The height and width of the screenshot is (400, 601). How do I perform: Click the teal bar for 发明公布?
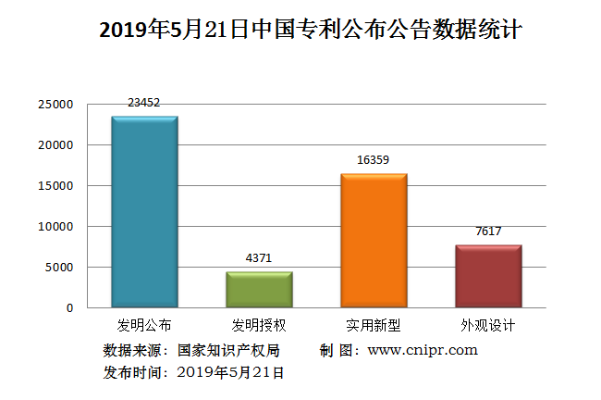pos(144,212)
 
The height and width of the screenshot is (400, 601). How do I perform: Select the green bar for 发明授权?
pos(259,289)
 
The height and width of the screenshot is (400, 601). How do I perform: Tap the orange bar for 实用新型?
pos(374,241)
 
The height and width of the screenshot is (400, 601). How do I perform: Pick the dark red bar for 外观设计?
pos(488,276)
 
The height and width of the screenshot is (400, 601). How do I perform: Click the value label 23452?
pos(144,103)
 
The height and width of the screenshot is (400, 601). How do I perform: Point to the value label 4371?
pos(259,259)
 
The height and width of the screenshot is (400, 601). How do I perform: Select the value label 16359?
pos(374,160)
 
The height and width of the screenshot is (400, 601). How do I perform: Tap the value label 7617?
pos(488,231)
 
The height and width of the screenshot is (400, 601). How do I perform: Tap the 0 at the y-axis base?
pos(69,307)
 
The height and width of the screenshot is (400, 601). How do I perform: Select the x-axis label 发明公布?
pos(144,326)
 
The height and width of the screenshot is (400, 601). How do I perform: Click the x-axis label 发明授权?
pos(259,326)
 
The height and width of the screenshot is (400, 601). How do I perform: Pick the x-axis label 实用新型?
pos(374,326)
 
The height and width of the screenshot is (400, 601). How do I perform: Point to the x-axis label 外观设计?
pos(488,326)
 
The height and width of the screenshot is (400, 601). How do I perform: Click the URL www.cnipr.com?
pos(423,350)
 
